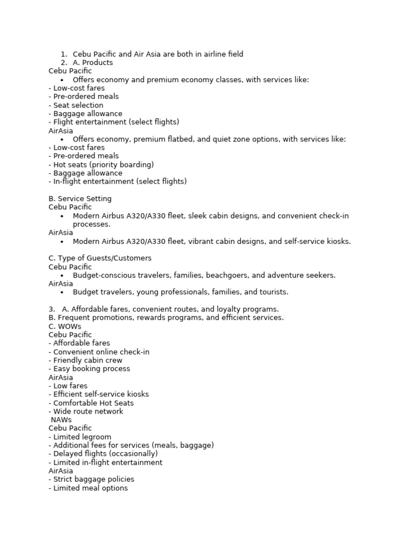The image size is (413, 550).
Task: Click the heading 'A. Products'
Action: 92,63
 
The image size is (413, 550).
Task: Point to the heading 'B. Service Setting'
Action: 80,199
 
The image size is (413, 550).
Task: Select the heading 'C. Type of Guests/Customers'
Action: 100,258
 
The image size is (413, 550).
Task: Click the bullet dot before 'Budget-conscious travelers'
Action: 62,276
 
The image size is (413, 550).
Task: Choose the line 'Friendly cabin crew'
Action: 86,360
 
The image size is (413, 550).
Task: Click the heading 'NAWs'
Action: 61,420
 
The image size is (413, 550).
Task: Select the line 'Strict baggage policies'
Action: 91,480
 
